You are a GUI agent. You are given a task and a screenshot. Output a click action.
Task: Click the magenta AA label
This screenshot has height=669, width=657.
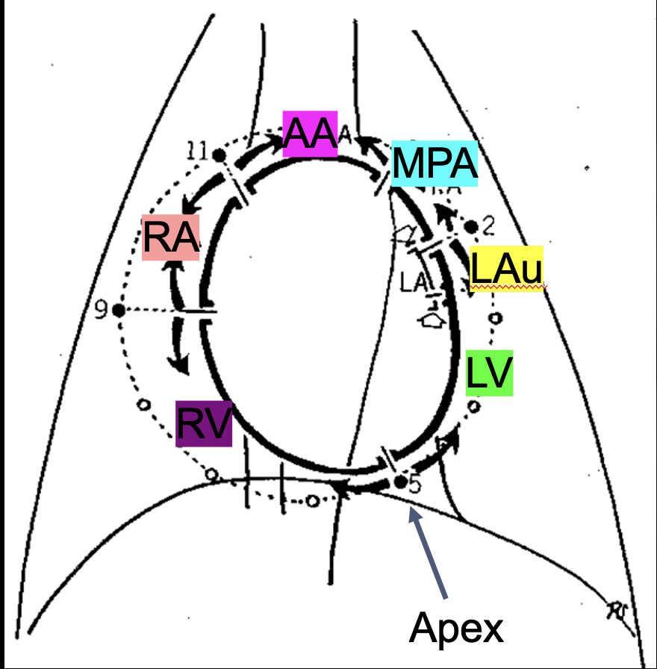[x=310, y=134]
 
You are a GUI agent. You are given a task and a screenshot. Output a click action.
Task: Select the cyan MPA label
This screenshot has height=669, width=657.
[x=434, y=163]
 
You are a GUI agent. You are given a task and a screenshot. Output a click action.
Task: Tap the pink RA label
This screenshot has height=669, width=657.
[x=171, y=238]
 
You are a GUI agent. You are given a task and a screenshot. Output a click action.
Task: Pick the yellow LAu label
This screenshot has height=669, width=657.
[x=506, y=269]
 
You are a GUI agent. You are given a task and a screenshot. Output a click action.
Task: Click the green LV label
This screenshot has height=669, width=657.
[x=489, y=373]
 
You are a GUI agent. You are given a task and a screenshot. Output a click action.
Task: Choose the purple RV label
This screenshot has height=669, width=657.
[x=204, y=424]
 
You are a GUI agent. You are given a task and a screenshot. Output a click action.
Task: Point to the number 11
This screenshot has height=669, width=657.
[x=196, y=152]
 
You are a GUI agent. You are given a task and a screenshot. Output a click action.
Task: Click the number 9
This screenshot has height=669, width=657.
[x=102, y=308]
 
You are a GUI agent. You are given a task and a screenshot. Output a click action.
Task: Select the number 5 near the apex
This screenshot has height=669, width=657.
[x=414, y=485]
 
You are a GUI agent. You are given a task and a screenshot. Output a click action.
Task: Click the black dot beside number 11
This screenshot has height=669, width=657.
[x=219, y=155]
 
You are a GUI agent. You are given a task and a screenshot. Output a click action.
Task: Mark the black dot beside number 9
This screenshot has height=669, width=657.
[x=118, y=310]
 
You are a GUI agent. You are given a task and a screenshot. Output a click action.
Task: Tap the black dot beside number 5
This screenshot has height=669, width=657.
[x=400, y=482]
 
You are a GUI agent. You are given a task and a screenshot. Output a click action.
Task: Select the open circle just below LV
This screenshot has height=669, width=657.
[x=473, y=406]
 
